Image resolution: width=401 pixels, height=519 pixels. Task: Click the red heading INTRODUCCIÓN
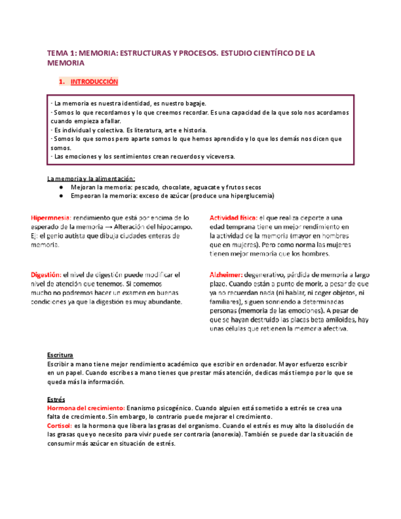click(x=94, y=81)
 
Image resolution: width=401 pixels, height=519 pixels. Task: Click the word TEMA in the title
click(x=58, y=53)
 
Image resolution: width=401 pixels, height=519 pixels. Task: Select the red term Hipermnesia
click(x=51, y=217)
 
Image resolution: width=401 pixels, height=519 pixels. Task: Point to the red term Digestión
click(x=47, y=275)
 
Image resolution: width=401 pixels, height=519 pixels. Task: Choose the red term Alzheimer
click(x=227, y=275)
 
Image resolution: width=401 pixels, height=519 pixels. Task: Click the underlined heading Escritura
click(x=60, y=355)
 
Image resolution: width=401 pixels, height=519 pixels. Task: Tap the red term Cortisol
click(x=59, y=425)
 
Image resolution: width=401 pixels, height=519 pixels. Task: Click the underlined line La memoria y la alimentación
click(x=91, y=178)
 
